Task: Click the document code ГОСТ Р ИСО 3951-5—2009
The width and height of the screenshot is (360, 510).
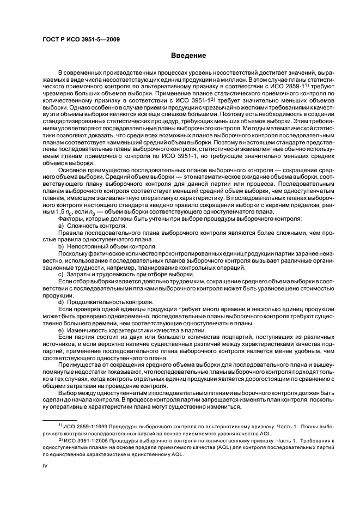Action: point(82,39)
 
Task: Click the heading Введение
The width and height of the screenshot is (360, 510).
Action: point(188,55)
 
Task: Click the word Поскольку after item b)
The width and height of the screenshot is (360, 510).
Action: point(74,253)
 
